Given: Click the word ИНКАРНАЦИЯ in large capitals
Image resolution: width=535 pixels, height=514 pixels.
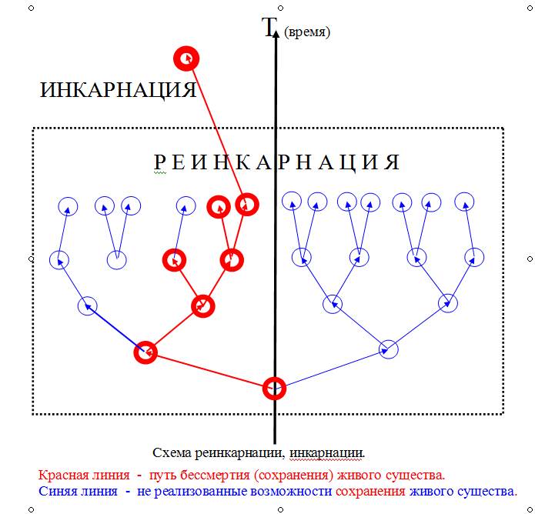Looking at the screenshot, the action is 118,90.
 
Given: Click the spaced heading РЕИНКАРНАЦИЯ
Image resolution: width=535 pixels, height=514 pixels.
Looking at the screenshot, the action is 277,162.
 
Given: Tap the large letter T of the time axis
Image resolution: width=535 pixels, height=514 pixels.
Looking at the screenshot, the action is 269,27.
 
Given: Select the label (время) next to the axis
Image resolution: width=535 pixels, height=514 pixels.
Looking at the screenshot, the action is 307,32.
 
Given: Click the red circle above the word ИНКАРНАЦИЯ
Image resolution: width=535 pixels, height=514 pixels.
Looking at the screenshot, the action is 186,58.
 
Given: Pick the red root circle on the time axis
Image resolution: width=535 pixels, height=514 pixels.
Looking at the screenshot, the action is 274,388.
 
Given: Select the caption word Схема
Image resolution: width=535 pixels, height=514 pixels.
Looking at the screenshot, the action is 172,453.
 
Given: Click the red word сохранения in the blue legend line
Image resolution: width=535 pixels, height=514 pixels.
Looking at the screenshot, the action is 370,492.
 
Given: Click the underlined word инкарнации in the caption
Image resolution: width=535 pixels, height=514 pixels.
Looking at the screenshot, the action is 327,453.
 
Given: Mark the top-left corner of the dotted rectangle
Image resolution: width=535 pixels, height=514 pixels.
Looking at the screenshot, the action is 33,128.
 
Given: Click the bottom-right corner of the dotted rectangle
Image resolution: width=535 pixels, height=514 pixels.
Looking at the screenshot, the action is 503,414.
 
